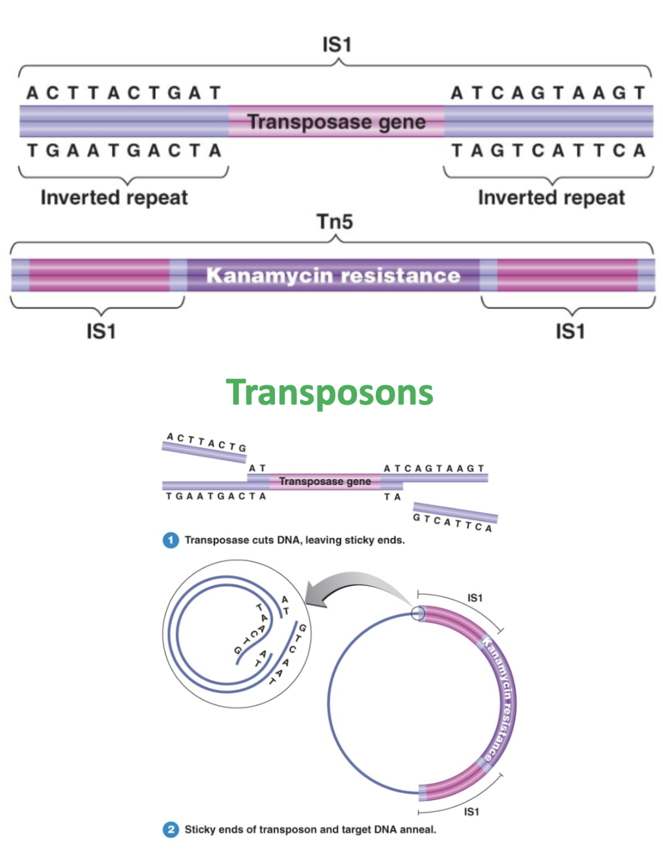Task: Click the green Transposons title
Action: click(x=330, y=393)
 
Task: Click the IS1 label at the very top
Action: click(x=336, y=45)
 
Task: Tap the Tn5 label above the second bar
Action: click(x=335, y=222)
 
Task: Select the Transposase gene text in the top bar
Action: click(x=336, y=122)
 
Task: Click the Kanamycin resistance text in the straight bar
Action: click(x=333, y=275)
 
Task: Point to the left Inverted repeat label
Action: click(x=114, y=197)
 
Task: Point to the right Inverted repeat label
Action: click(x=551, y=197)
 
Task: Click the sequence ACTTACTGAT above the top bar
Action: click(x=124, y=93)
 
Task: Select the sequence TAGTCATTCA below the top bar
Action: click(x=548, y=150)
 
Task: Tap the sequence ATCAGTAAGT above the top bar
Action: click(x=548, y=93)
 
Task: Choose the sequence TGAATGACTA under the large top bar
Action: click(x=124, y=150)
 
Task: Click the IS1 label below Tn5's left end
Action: click(x=101, y=331)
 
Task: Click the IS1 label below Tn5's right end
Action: click(x=570, y=331)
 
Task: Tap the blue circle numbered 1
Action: click(x=171, y=540)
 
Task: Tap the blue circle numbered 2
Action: click(x=171, y=829)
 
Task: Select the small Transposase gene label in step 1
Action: click(x=325, y=481)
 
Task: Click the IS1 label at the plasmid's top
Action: click(x=475, y=598)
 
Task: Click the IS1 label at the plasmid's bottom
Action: click(x=471, y=812)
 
